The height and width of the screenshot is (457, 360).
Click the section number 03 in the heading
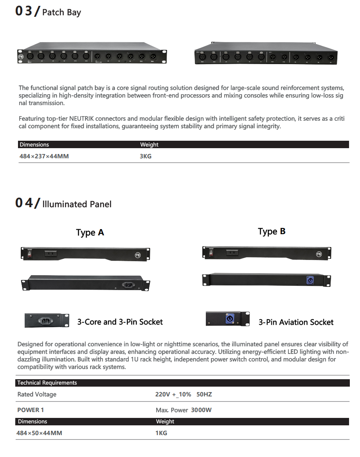pyautogui.click(x=23, y=11)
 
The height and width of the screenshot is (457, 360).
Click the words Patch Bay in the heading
pyautogui.click(x=61, y=12)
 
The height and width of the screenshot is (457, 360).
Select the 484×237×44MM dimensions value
pyautogui.click(x=44, y=156)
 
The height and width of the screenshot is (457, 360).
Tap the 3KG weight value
pyautogui.click(x=146, y=156)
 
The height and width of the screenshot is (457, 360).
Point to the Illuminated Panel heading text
pyautogui.click(x=77, y=204)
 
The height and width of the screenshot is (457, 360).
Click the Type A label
pyautogui.click(x=90, y=233)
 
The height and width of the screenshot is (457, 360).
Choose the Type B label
pyautogui.click(x=272, y=231)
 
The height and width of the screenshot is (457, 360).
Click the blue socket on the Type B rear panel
pyautogui.click(x=310, y=280)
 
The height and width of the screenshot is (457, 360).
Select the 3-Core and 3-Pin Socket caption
pyautogui.click(x=120, y=322)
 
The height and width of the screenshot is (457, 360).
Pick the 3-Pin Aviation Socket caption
pyautogui.click(x=296, y=323)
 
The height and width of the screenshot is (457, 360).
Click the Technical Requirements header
pyautogui.click(x=47, y=383)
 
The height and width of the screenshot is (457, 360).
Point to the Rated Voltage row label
pyautogui.click(x=37, y=394)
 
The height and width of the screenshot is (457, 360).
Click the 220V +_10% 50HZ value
pyautogui.click(x=184, y=394)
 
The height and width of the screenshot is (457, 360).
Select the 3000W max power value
pyautogui.click(x=201, y=410)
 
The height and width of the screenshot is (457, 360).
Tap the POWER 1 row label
pyautogui.click(x=28, y=410)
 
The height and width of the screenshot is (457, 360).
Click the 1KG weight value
pyautogui.click(x=161, y=433)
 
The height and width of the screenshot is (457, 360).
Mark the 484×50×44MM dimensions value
pyautogui.click(x=39, y=433)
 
